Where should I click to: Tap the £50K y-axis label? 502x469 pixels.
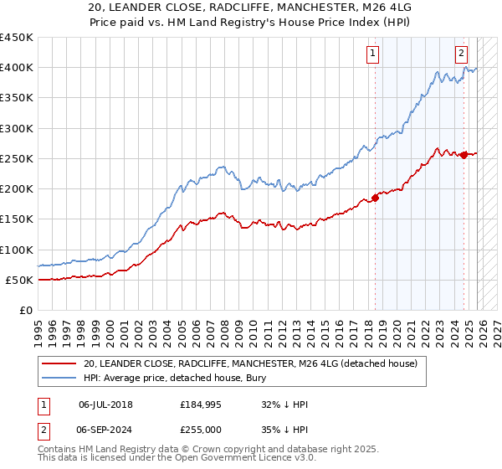click(18, 280)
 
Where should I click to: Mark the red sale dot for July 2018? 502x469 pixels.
click(376, 198)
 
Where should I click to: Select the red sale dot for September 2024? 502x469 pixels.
click(464, 154)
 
